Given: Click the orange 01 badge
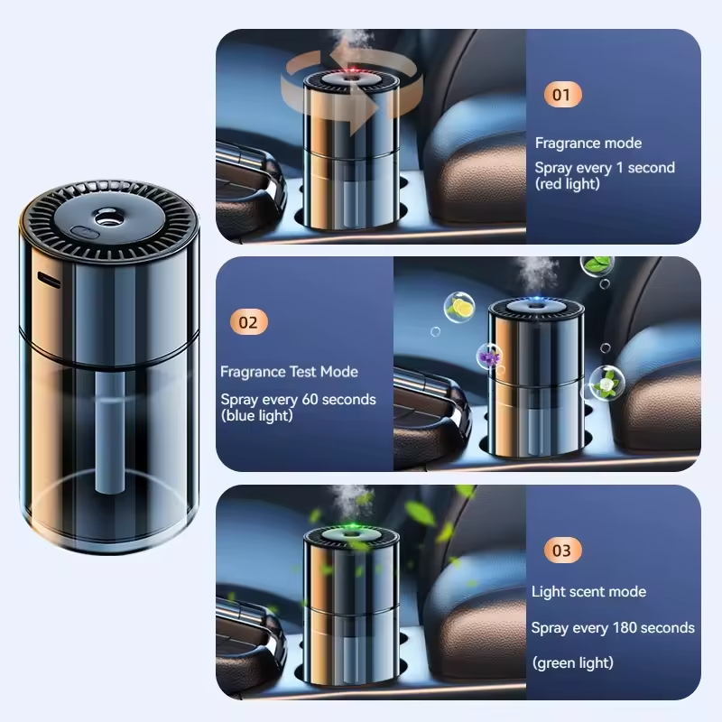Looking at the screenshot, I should click(561, 94).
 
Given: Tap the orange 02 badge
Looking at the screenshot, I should click(250, 321).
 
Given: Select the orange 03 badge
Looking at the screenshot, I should click(561, 551).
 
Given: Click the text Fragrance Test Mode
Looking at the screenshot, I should click(289, 372).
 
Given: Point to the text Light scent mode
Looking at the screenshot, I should click(588, 592).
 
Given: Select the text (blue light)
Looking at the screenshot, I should click(257, 415).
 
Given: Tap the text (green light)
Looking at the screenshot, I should click(573, 663).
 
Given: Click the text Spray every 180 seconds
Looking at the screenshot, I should click(613, 627).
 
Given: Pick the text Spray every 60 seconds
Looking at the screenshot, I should click(298, 399).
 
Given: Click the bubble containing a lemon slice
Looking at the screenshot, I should click(460, 308).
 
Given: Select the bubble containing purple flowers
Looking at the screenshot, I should click(490, 359).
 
